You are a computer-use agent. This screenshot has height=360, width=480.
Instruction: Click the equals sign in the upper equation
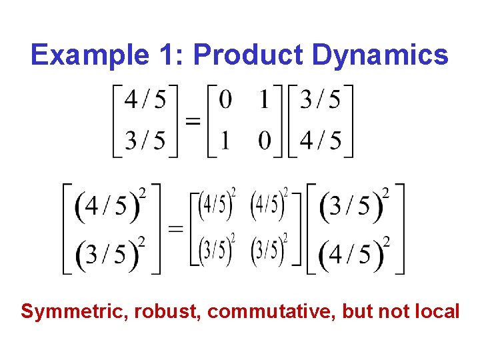192,121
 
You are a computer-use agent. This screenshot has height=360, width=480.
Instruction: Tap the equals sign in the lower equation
176,229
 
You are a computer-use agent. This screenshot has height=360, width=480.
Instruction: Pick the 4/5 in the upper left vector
146,100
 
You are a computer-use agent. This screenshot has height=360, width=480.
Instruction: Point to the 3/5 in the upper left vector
146,141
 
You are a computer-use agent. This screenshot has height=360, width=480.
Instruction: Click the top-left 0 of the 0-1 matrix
226,100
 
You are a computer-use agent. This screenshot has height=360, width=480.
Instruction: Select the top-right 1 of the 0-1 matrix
265,100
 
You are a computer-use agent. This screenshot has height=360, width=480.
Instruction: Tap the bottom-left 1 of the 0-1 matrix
226,141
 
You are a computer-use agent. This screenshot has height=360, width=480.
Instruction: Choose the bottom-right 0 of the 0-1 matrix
265,141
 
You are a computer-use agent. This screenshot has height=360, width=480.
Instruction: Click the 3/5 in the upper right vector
320,100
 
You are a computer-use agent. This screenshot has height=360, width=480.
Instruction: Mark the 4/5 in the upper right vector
320,141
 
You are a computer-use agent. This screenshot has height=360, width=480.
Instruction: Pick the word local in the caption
437,311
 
